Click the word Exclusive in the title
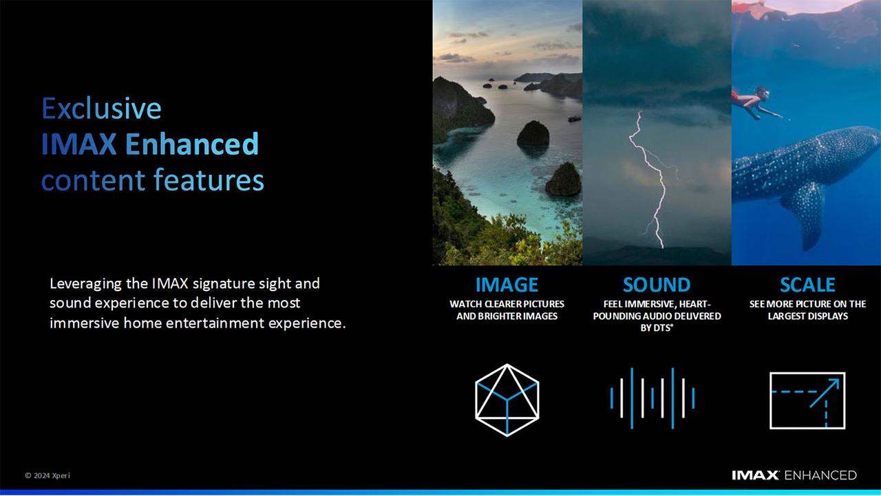point(101,109)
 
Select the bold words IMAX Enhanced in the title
point(150,144)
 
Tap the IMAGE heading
point(507,285)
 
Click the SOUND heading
point(656,285)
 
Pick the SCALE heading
point(807,285)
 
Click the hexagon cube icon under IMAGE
point(507,400)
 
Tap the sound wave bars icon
point(652,398)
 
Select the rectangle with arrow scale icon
point(807,400)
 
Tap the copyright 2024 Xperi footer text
point(47,475)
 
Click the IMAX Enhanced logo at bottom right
point(794,475)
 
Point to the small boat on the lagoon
point(573,118)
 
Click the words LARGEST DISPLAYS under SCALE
point(807,316)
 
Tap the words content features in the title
point(152,180)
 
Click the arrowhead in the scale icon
point(834,382)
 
